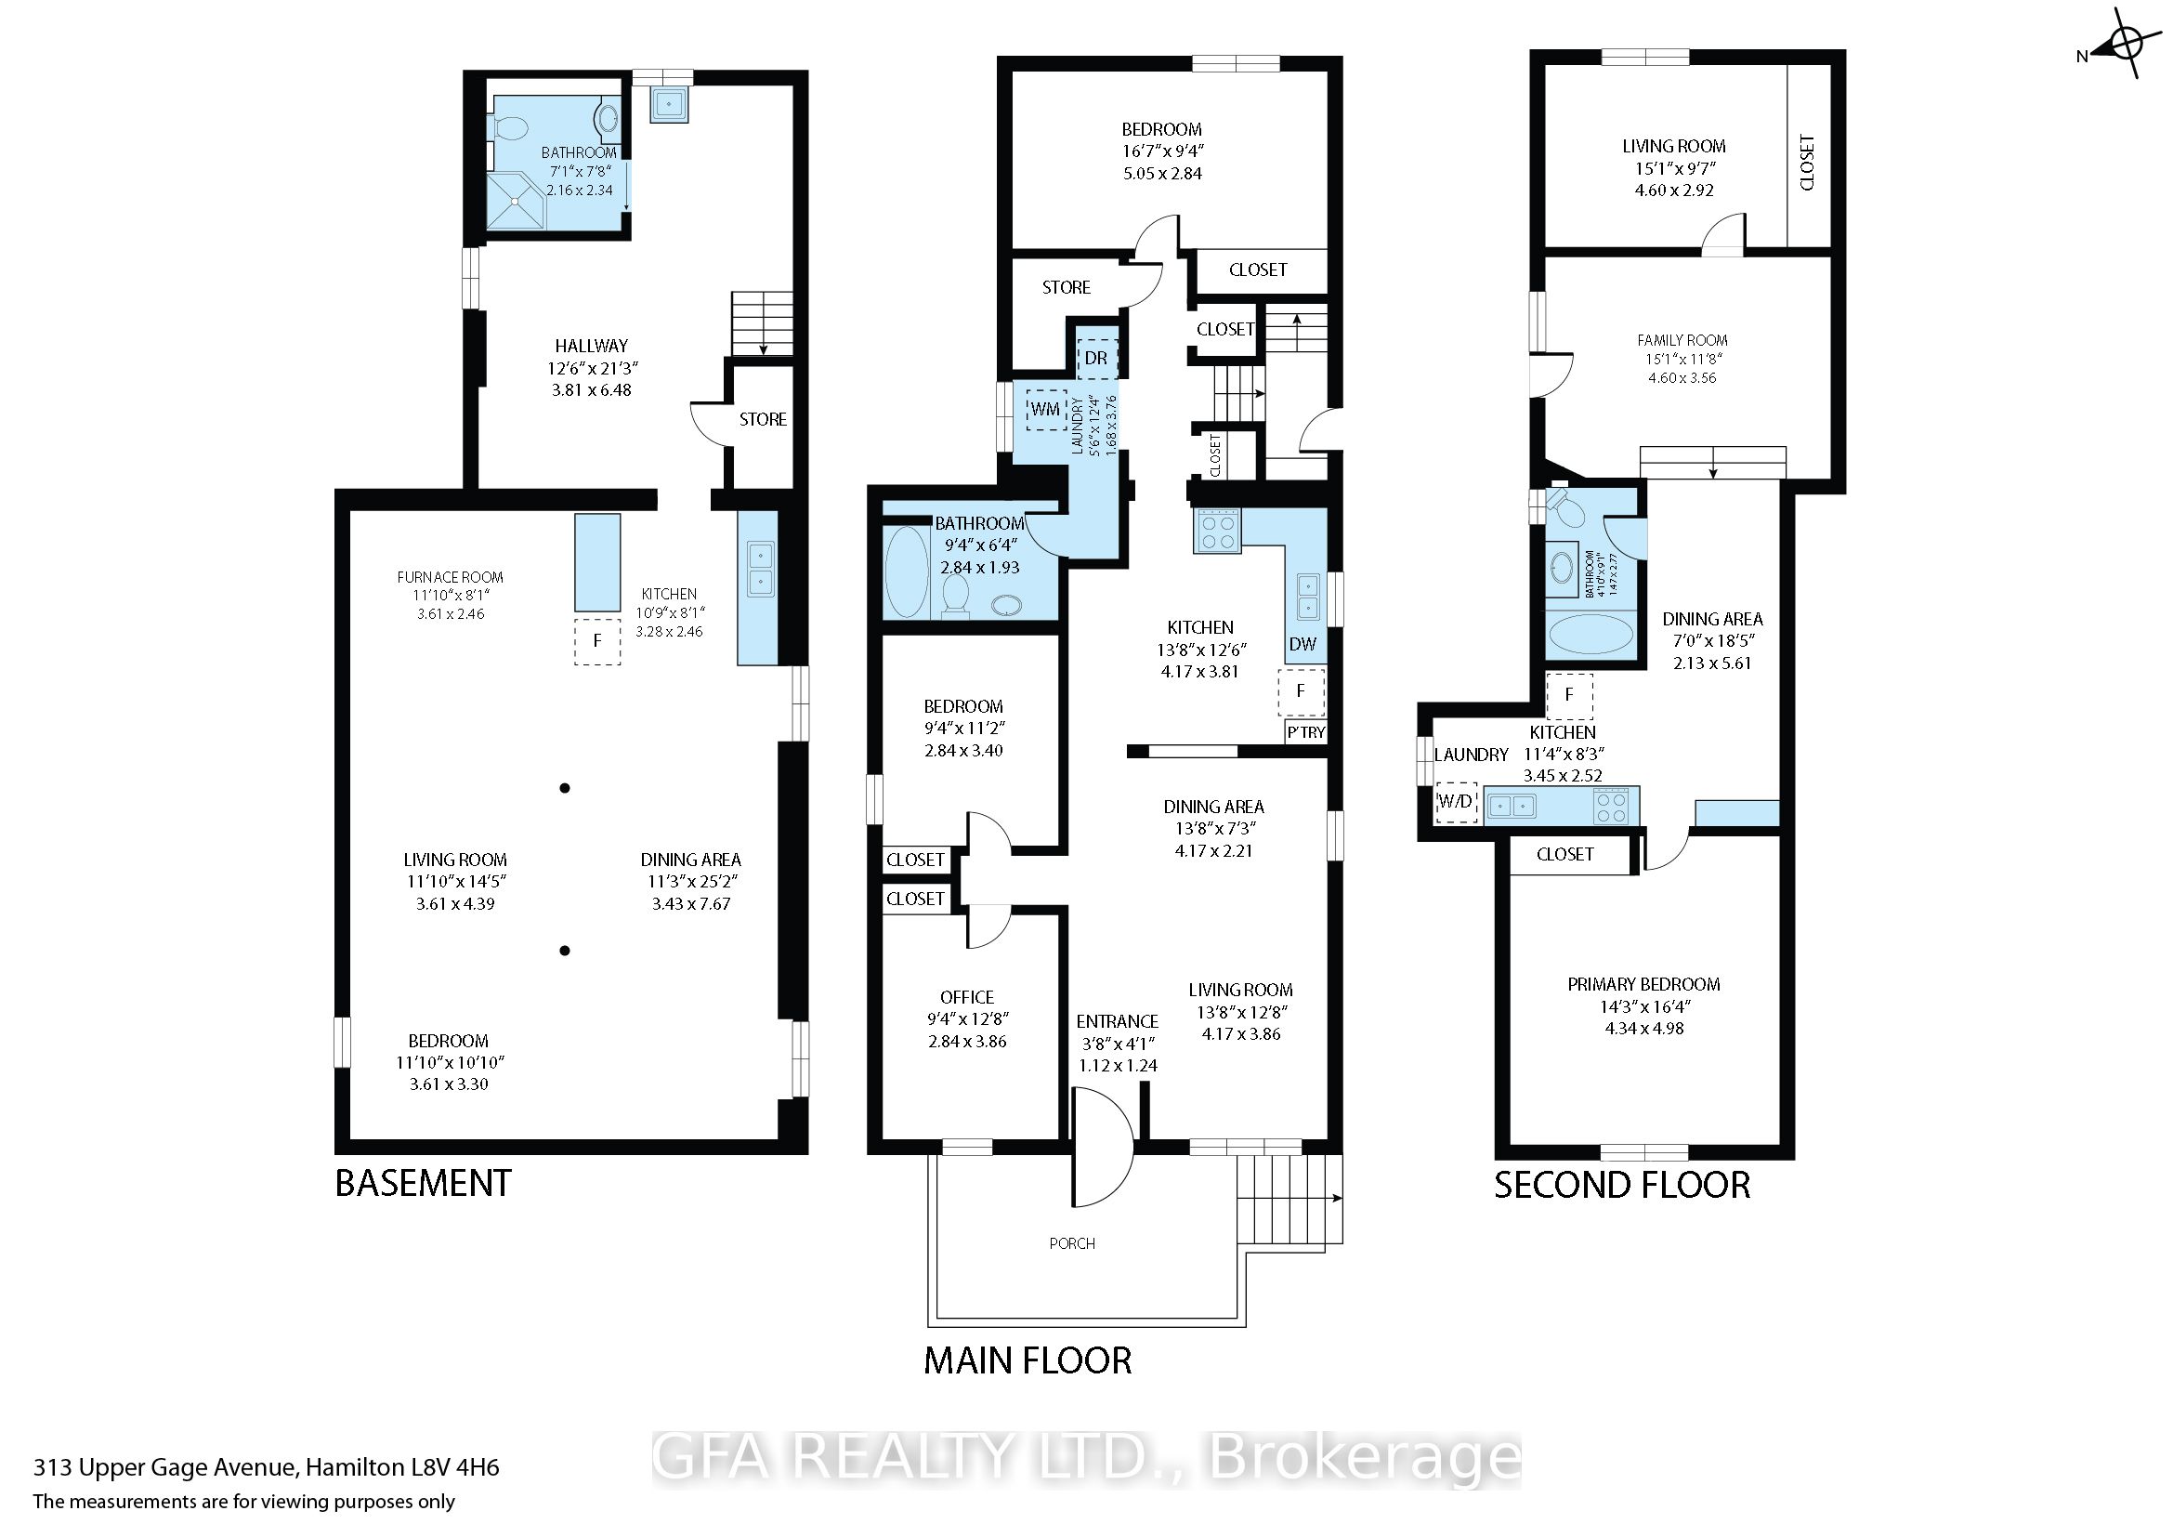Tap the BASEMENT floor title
coord(423,1183)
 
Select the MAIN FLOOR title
coord(1027,1361)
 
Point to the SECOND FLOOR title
coord(1622,1185)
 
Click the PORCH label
coord(1072,1243)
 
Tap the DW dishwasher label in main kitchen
coord(1302,645)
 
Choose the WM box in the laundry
coord(1045,410)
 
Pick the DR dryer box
coord(1096,359)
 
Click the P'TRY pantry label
coord(1306,732)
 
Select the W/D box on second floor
coord(1456,802)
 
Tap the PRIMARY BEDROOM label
coord(1644,984)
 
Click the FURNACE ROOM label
coord(450,577)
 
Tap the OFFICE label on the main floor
coord(967,997)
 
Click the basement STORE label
coord(763,419)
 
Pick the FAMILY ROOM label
coord(1682,340)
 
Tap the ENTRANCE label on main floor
coord(1117,1021)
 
